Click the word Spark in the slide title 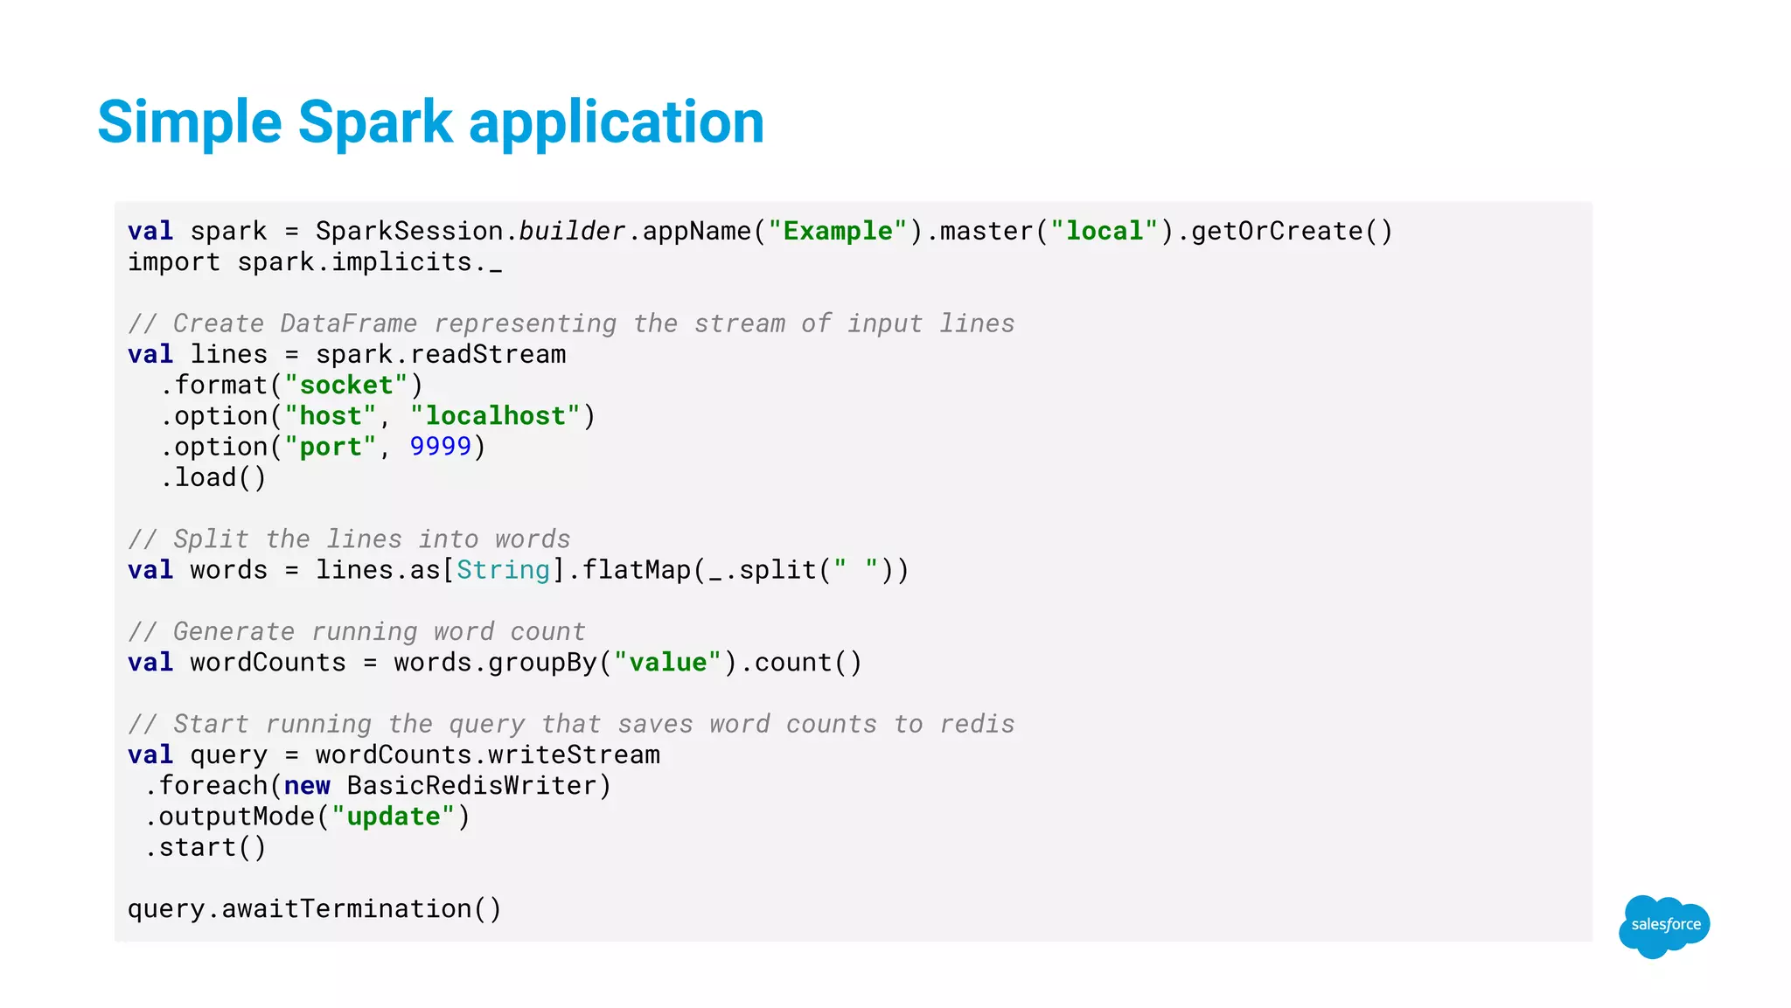click(x=374, y=122)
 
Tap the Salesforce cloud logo click(x=1664, y=925)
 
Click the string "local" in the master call click(x=1105, y=231)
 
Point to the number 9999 click(x=441, y=446)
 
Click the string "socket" click(x=346, y=385)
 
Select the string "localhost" click(x=495, y=415)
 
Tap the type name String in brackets click(x=503, y=570)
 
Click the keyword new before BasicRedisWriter click(x=307, y=785)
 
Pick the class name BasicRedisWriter click(x=471, y=785)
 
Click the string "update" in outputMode click(x=394, y=816)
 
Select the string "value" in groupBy click(x=667, y=662)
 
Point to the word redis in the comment click(x=977, y=724)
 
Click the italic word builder click(x=572, y=231)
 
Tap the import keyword click(x=174, y=261)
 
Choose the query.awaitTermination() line click(x=315, y=908)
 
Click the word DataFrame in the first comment click(x=348, y=323)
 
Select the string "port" click(x=331, y=446)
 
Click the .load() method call click(x=213, y=477)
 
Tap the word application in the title click(x=617, y=122)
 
